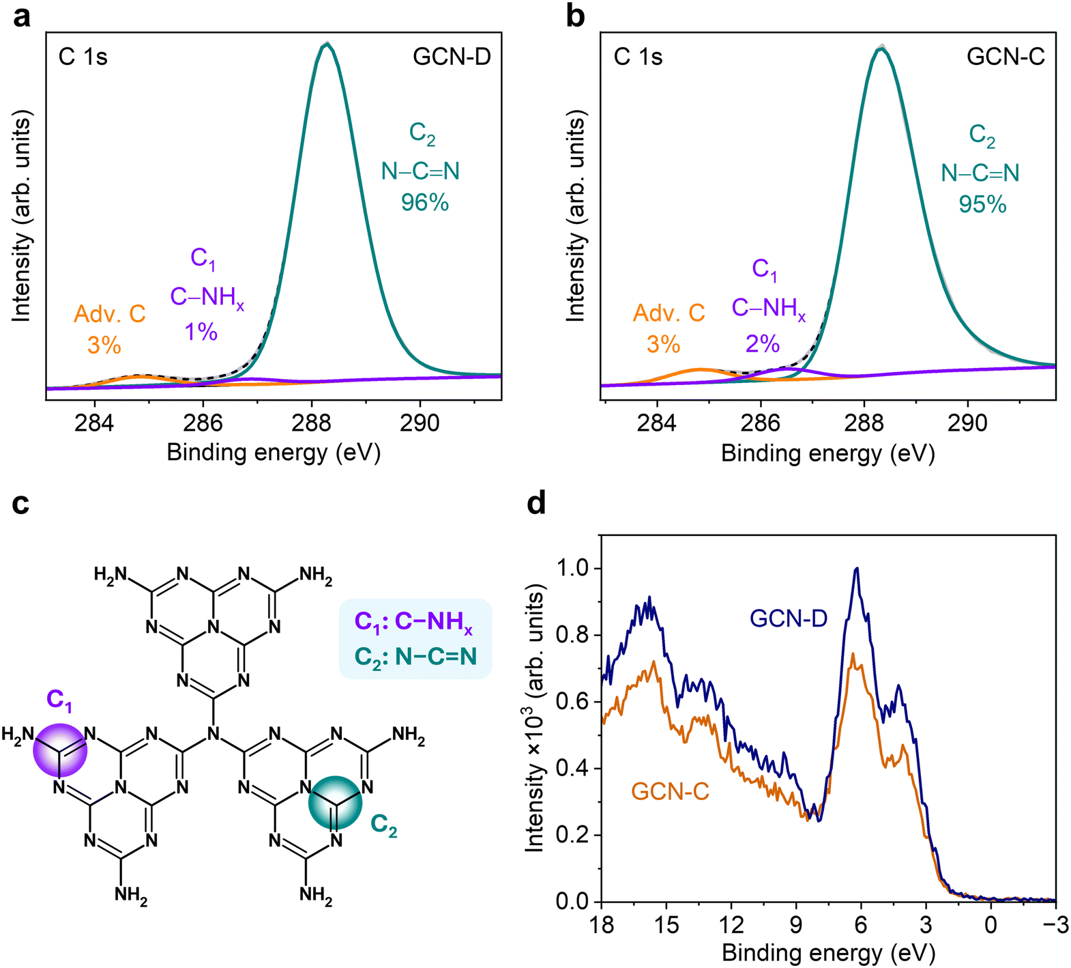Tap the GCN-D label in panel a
pyautogui.click(x=452, y=57)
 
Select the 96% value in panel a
pyautogui.click(x=424, y=202)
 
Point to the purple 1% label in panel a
pyautogui.click(x=201, y=332)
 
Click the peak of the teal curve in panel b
pyautogui.click(x=881, y=48)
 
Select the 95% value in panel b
pyautogui.click(x=982, y=204)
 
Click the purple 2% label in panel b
pyautogui.click(x=762, y=343)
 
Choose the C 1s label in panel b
pyautogui.click(x=638, y=57)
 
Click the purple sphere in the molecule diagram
pyautogui.click(x=60, y=750)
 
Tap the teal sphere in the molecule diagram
pyautogui.click(x=335, y=803)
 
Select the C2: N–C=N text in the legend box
pyautogui.click(x=415, y=657)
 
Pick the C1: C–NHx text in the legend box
pyautogui.click(x=413, y=622)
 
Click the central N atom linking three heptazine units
pyautogui.click(x=214, y=735)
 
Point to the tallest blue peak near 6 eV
pyautogui.click(x=857, y=569)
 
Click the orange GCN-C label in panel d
pyautogui.click(x=670, y=791)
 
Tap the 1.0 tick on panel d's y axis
pyautogui.click(x=573, y=568)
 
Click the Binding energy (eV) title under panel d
pyautogui.click(x=828, y=953)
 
